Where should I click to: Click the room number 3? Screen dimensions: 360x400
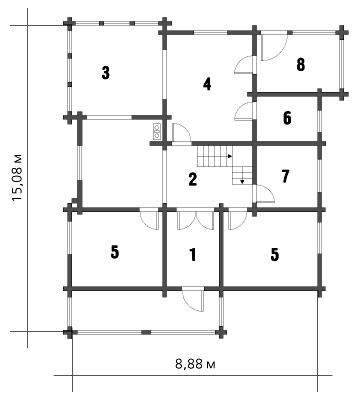pyautogui.click(x=106, y=73)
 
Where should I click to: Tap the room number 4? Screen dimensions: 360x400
pyautogui.click(x=207, y=84)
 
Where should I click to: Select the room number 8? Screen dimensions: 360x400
pyautogui.click(x=300, y=65)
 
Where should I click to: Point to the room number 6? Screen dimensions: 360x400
pyautogui.click(x=287, y=118)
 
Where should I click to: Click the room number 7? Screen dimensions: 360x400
pyautogui.click(x=286, y=176)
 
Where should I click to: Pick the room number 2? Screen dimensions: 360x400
pyautogui.click(x=193, y=179)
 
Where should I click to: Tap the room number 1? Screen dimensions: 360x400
pyautogui.click(x=192, y=255)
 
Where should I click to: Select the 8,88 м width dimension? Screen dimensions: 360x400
pyautogui.click(x=195, y=364)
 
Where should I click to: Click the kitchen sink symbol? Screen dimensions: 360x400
pyautogui.click(x=157, y=131)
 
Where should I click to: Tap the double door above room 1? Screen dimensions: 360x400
pyautogui.click(x=195, y=219)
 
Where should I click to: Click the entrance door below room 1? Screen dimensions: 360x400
pyautogui.click(x=193, y=299)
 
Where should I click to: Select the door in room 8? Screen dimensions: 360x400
pyautogui.click(x=274, y=47)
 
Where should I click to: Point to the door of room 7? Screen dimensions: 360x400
pyautogui.click(x=264, y=194)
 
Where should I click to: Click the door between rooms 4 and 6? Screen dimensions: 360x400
pyautogui.click(x=245, y=112)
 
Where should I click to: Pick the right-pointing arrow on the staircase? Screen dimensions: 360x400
pyautogui.click(x=230, y=156)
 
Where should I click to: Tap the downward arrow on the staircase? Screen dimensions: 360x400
pyautogui.click(x=242, y=182)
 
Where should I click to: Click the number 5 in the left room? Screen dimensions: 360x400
pyautogui.click(x=114, y=252)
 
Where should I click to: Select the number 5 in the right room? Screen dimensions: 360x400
pyautogui.click(x=274, y=255)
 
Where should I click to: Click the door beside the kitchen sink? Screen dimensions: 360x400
pyautogui.click(x=182, y=134)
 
